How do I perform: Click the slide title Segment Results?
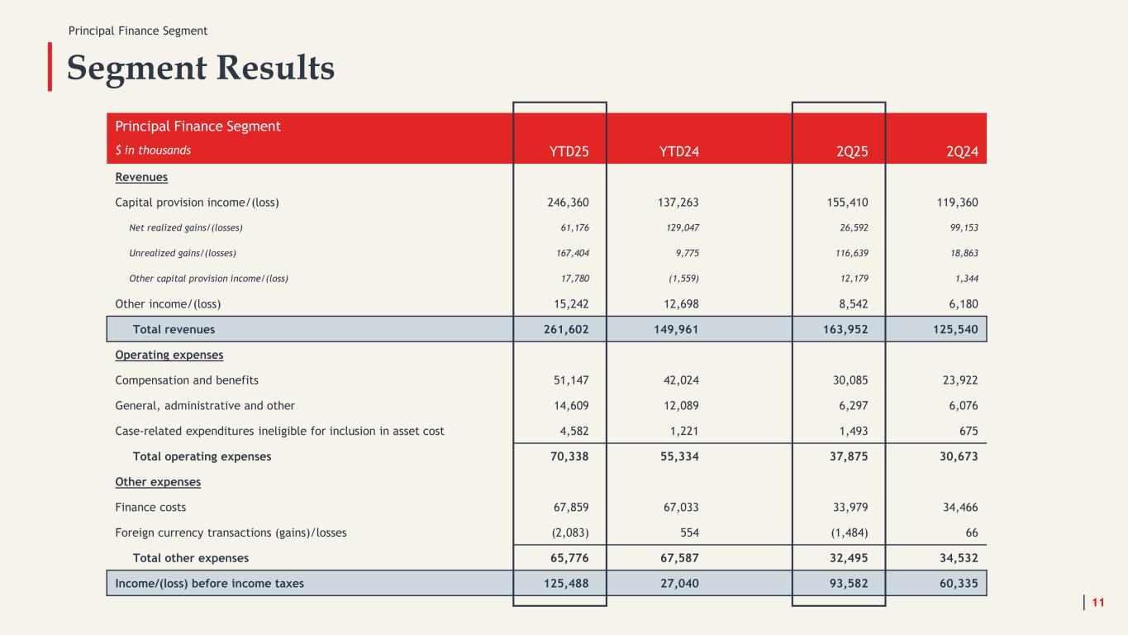click(201, 68)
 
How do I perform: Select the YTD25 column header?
click(569, 151)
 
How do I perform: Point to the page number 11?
click(1098, 602)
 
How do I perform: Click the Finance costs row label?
click(150, 508)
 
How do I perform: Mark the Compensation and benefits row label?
click(187, 380)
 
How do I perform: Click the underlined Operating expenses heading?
click(169, 355)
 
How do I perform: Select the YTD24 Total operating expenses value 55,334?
click(678, 456)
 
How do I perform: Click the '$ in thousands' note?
click(153, 150)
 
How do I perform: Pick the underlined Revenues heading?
click(141, 177)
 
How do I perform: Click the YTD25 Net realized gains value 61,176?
click(571, 227)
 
